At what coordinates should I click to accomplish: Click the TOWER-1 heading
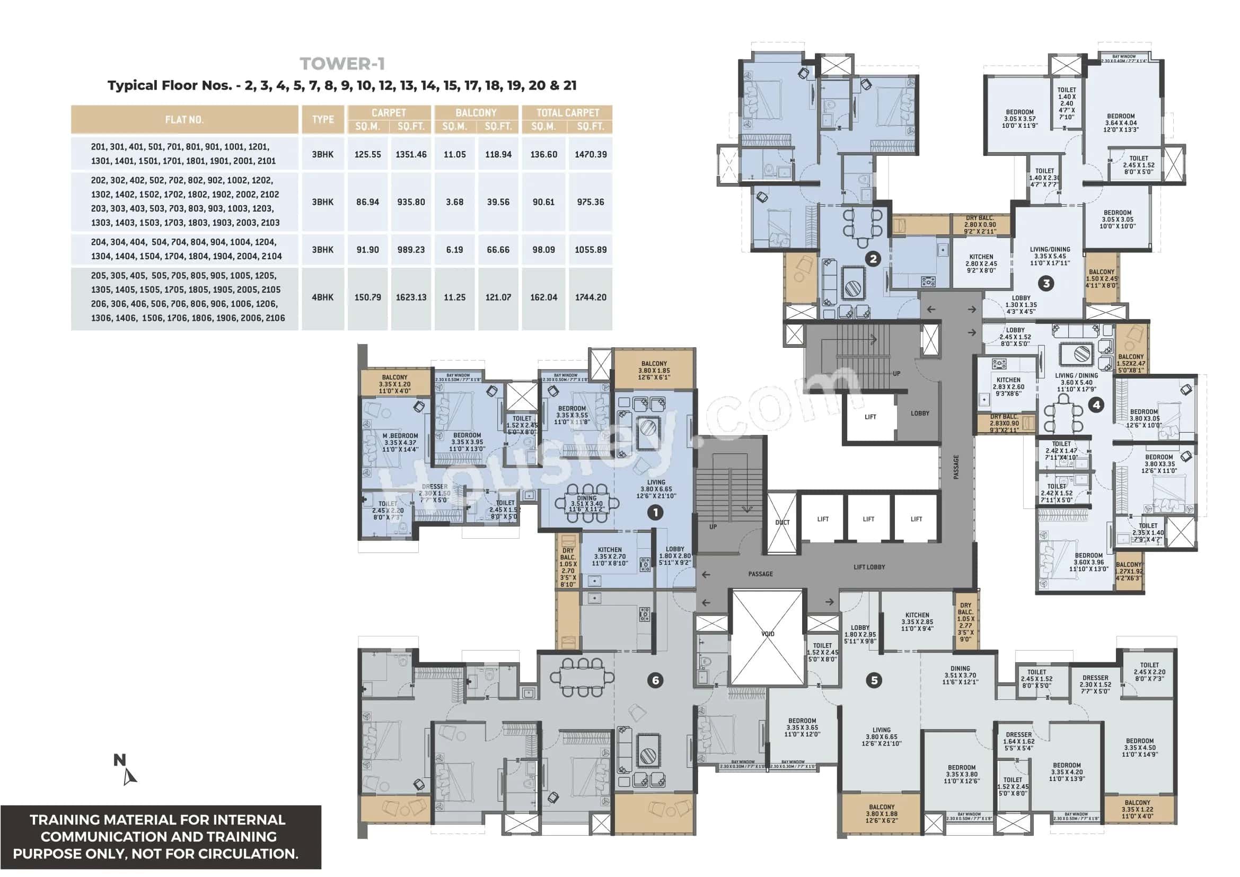click(x=342, y=64)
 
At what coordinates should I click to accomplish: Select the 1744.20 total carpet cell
click(x=590, y=297)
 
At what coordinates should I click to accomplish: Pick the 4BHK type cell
click(x=322, y=297)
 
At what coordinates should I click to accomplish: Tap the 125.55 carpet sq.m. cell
click(x=367, y=154)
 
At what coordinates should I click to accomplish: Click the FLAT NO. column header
click(x=184, y=119)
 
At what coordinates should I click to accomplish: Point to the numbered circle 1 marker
click(x=655, y=512)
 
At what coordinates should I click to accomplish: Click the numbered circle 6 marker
click(x=655, y=680)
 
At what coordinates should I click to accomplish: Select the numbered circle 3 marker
click(x=1046, y=283)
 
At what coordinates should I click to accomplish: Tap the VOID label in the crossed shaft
click(x=768, y=634)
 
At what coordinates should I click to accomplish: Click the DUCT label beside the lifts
click(x=782, y=522)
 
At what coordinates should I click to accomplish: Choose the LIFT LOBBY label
click(x=869, y=567)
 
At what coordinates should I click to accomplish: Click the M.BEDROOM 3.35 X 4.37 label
click(x=400, y=442)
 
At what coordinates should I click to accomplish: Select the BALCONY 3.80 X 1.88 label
click(x=882, y=813)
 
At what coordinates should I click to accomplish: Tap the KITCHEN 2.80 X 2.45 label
click(x=981, y=264)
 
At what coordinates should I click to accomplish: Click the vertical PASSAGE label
click(x=956, y=467)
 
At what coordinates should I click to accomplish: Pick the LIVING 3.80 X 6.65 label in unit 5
click(x=882, y=736)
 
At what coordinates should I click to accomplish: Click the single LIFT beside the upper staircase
click(x=870, y=417)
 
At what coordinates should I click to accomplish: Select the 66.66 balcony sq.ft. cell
click(x=497, y=250)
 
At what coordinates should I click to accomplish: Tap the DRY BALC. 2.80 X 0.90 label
click(x=980, y=225)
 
